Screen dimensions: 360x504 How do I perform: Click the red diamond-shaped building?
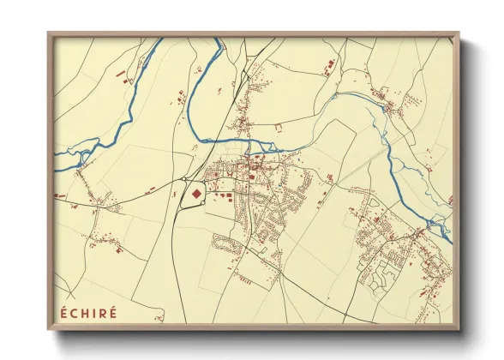(195, 194)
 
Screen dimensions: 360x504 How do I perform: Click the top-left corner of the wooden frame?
(48, 33)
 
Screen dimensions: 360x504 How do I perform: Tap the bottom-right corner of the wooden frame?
(459, 329)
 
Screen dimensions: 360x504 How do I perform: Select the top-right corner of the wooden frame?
(459, 33)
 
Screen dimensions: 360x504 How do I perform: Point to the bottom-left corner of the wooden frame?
(48, 329)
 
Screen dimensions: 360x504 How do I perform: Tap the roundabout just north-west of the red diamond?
(183, 179)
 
